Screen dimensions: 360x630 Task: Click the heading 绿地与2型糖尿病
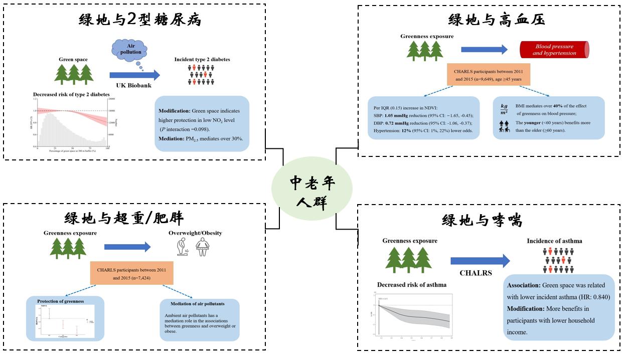pyautogui.click(x=140, y=20)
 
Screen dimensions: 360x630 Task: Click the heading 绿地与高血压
pyautogui.click(x=496, y=20)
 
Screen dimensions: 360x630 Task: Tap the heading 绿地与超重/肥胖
pyautogui.click(x=124, y=218)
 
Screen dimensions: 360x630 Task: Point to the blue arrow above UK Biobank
pyautogui.click(x=134, y=75)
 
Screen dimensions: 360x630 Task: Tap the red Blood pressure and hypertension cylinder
pyautogui.click(x=554, y=50)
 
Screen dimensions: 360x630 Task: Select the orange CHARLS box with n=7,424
pyautogui.click(x=132, y=273)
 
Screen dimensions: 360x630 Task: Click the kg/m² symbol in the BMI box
pyautogui.click(x=504, y=109)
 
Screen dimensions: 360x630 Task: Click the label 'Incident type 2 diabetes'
pyautogui.click(x=202, y=59)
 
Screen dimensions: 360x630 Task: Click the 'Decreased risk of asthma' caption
pyautogui.click(x=412, y=285)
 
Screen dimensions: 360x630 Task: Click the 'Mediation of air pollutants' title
pyautogui.click(x=199, y=304)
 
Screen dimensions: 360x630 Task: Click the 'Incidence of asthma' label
pyautogui.click(x=554, y=241)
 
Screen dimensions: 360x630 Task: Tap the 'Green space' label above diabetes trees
pyautogui.click(x=73, y=60)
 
